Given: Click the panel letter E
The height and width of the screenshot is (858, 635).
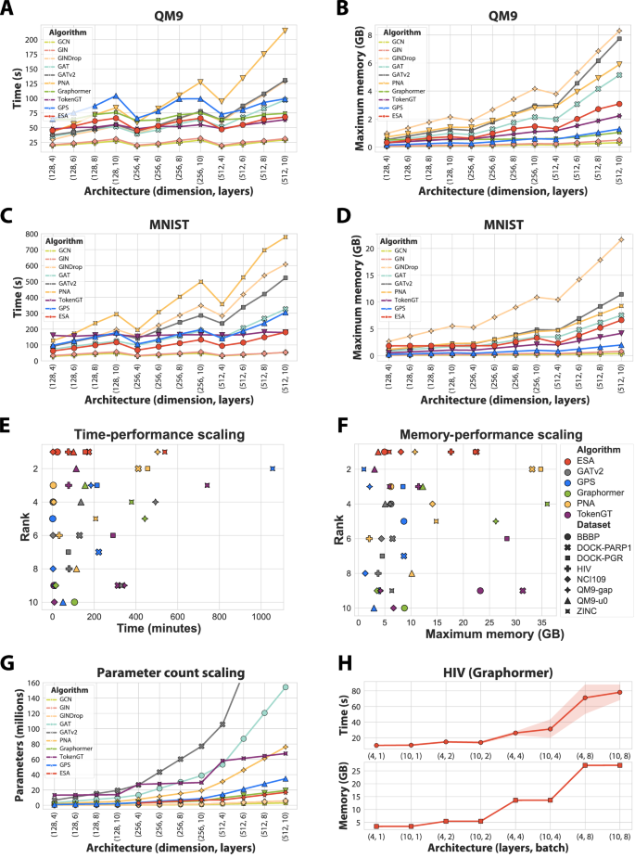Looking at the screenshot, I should [8, 431].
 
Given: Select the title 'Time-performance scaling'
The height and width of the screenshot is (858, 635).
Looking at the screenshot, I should [164, 434].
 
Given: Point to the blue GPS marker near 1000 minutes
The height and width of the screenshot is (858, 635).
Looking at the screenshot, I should [273, 468].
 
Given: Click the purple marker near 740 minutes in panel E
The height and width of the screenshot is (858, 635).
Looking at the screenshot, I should [207, 485].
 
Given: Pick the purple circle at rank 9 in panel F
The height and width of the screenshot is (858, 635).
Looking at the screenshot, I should [480, 590].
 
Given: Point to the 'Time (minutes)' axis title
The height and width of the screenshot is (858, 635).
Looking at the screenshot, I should [164, 629].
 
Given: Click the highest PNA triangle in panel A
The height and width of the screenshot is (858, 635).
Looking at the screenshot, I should [286, 31].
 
